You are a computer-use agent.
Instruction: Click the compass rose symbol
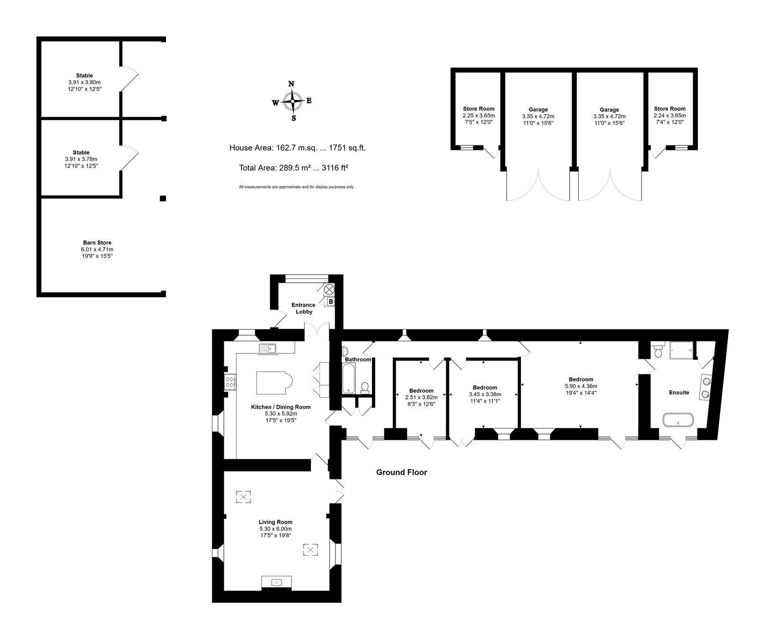pos(293,101)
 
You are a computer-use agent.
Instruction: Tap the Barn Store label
pos(97,243)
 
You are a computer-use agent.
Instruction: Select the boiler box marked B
pos(331,302)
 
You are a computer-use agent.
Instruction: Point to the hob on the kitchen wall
pos(230,382)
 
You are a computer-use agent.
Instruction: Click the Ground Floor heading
pos(402,472)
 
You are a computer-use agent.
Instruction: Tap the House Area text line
pos(298,148)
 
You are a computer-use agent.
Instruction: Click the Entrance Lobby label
pos(303,308)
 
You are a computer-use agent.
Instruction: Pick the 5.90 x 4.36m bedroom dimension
pos(581,386)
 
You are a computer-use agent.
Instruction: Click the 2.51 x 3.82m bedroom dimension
pos(421,397)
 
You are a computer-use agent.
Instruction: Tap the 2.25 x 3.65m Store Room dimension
pos(479,115)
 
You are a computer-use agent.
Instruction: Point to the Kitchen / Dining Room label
pos(281,407)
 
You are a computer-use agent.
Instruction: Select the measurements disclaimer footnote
pos(296,187)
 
